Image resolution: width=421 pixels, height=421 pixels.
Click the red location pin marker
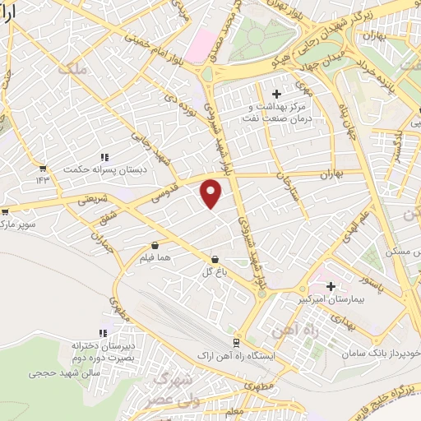point(212,193)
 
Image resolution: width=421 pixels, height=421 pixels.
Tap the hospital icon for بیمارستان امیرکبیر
point(331,287)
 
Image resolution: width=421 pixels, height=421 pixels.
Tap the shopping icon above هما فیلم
point(155,244)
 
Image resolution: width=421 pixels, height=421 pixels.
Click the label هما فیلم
point(155,258)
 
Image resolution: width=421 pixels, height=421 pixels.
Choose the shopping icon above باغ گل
point(215,257)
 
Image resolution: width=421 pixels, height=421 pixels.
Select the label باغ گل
point(213,270)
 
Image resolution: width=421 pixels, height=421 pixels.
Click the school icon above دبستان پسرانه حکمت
point(104,156)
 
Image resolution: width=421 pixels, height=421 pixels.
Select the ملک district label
point(72,70)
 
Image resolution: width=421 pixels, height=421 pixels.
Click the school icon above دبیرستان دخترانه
point(103,333)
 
